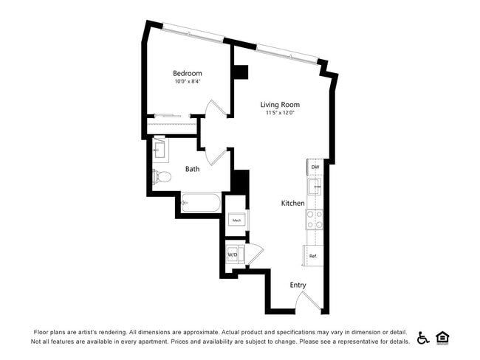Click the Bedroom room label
click(188, 73)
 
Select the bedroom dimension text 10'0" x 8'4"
click(188, 82)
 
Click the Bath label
click(192, 169)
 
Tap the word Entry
click(298, 285)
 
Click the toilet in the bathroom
click(161, 177)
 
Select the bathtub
click(200, 203)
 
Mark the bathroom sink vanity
click(160, 150)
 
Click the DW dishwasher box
click(315, 167)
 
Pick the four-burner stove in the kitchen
click(315, 219)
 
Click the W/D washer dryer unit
click(234, 254)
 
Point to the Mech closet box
click(236, 221)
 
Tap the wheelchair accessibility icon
click(423, 337)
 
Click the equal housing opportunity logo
click(443, 337)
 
